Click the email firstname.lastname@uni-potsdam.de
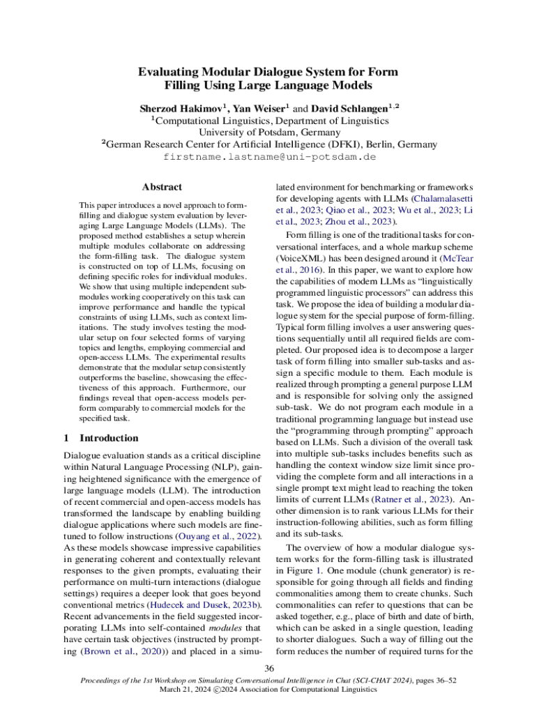pos(269,157)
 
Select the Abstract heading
pos(162,187)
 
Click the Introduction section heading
pos(109,439)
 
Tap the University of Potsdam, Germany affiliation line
pos(269,132)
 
